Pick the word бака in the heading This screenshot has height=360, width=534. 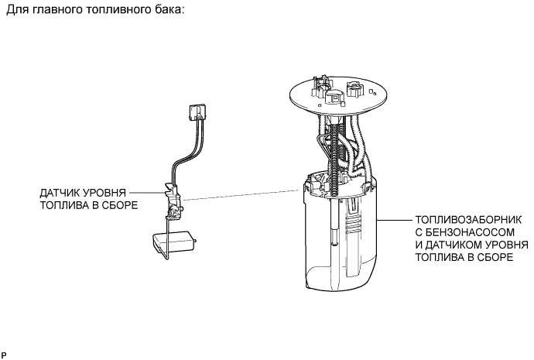tap(165, 13)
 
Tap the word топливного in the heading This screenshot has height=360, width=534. tap(113, 13)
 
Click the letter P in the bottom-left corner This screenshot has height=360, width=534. tap(4, 355)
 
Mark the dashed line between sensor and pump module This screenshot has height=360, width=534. tap(240, 194)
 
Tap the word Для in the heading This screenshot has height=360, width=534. tap(15, 13)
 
